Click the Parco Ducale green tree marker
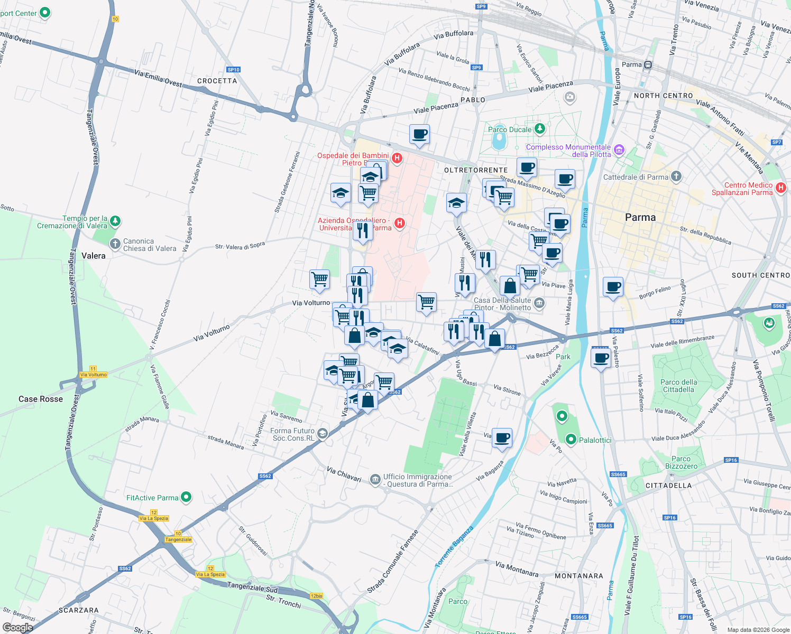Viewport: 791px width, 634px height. pyautogui.click(x=539, y=128)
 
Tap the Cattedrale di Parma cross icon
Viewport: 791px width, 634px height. pyautogui.click(x=676, y=176)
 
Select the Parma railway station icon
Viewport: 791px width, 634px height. pyautogui.click(x=648, y=65)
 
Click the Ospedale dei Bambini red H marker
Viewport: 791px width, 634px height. pyautogui.click(x=397, y=158)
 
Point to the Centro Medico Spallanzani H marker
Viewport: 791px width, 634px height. pyautogui.click(x=781, y=188)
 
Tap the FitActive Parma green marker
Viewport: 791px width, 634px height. pyautogui.click(x=186, y=497)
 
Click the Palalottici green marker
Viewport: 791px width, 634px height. pyautogui.click(x=571, y=439)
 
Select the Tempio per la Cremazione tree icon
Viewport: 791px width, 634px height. pyautogui.click(x=115, y=221)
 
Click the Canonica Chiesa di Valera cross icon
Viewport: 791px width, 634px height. pyautogui.click(x=115, y=244)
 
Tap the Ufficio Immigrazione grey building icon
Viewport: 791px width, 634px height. pyautogui.click(x=375, y=479)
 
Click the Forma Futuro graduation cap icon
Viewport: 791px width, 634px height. pyautogui.click(x=323, y=434)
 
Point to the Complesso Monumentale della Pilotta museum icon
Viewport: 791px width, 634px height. pyautogui.click(x=619, y=150)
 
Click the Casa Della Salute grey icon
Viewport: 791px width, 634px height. pyautogui.click(x=539, y=303)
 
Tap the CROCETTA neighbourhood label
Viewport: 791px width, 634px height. pyautogui.click(x=217, y=81)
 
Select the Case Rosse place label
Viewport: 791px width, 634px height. pyautogui.click(x=41, y=399)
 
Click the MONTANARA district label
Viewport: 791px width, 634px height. pyautogui.click(x=579, y=576)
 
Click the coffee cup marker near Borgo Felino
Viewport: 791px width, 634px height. pyautogui.click(x=613, y=287)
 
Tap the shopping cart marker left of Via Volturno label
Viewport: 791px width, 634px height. pyautogui.click(x=319, y=279)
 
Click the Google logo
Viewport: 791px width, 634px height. pyautogui.click(x=18, y=628)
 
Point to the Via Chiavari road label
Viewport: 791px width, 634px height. pyautogui.click(x=344, y=474)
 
